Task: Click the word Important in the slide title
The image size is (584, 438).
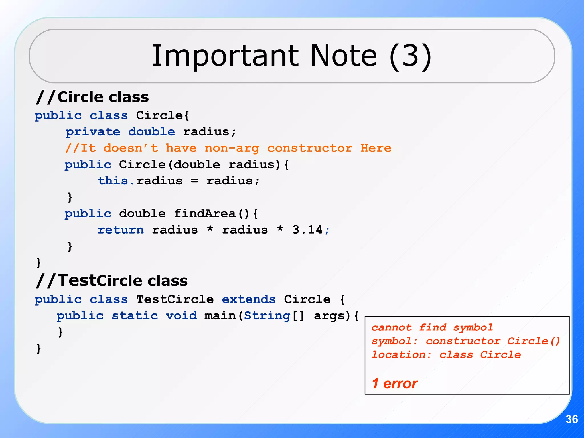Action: [225, 56]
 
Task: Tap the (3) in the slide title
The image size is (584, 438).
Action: [410, 56]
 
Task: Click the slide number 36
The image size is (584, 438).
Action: [571, 419]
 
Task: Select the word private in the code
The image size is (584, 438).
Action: [93, 132]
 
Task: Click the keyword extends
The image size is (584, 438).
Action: [249, 299]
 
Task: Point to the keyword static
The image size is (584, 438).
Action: [135, 316]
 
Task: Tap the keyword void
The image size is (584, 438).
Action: [181, 316]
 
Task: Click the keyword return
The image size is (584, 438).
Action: [121, 230]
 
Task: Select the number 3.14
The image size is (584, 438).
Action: [307, 230]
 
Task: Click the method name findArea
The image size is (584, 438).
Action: [204, 214]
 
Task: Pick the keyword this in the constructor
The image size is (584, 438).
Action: [113, 181]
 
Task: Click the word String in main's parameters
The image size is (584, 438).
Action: [267, 316]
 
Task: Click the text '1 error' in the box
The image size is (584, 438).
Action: [394, 384]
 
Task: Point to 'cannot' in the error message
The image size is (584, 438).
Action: [392, 328]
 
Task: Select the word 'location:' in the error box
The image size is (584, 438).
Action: [401, 355]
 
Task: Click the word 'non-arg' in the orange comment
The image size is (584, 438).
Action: [232, 148]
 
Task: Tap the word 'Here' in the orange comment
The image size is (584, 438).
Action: [376, 148]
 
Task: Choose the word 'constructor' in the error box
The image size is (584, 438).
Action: [463, 341]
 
